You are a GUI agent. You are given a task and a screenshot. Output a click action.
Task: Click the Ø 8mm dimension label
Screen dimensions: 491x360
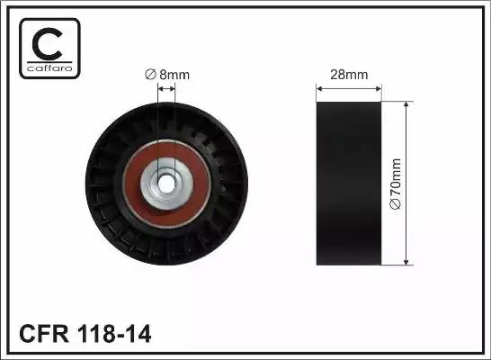click(x=167, y=75)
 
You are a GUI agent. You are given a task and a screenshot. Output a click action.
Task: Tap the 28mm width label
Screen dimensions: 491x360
click(x=349, y=75)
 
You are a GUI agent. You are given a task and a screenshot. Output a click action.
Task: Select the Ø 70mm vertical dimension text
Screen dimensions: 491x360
click(x=396, y=184)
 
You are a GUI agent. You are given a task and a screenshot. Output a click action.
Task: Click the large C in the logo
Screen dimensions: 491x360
click(x=47, y=44)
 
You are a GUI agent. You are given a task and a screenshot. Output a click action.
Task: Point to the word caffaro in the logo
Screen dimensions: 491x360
click(x=49, y=68)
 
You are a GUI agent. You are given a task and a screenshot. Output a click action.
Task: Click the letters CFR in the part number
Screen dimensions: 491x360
click(x=44, y=334)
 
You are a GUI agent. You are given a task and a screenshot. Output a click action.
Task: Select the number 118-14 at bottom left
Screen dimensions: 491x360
click(x=114, y=334)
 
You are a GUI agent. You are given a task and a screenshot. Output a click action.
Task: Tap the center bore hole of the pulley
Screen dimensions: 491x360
click(x=166, y=184)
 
